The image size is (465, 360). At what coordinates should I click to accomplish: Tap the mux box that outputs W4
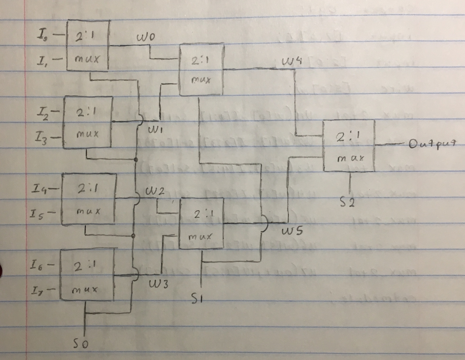202,69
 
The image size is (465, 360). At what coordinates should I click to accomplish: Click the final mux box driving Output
349,145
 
